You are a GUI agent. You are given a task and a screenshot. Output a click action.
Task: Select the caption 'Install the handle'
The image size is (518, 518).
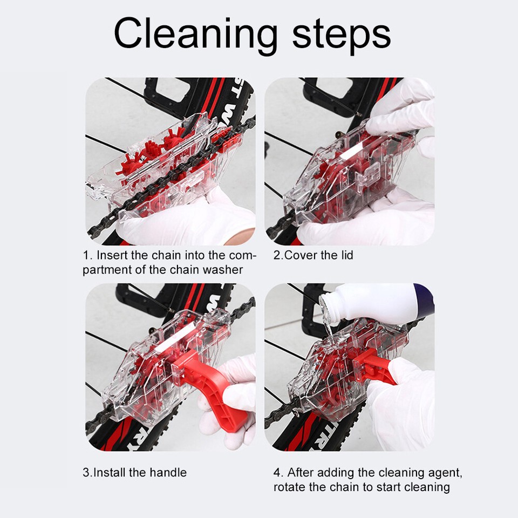click(140, 473)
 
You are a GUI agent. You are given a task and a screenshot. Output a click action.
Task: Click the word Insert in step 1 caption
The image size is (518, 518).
click(114, 255)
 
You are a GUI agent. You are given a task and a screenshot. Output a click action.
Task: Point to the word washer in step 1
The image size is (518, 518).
click(223, 269)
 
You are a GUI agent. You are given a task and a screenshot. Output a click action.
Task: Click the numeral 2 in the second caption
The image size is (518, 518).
click(277, 255)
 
